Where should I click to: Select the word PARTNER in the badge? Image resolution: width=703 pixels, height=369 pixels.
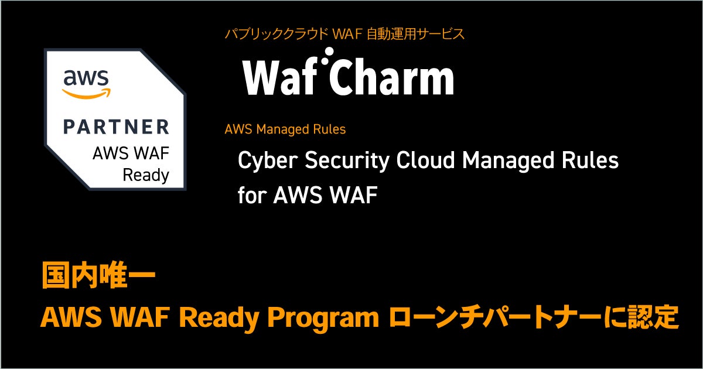pos(116,127)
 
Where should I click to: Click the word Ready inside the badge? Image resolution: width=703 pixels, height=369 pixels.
pos(145,175)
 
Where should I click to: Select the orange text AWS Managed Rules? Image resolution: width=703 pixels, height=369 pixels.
pos(285,129)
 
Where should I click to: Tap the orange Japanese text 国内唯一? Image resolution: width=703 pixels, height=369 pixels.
pos(98,276)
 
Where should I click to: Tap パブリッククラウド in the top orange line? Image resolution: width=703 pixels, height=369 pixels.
pos(276,34)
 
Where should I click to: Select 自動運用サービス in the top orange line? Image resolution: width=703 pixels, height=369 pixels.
pos(424,34)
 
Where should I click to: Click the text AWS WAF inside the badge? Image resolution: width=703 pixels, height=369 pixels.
pos(130,154)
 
